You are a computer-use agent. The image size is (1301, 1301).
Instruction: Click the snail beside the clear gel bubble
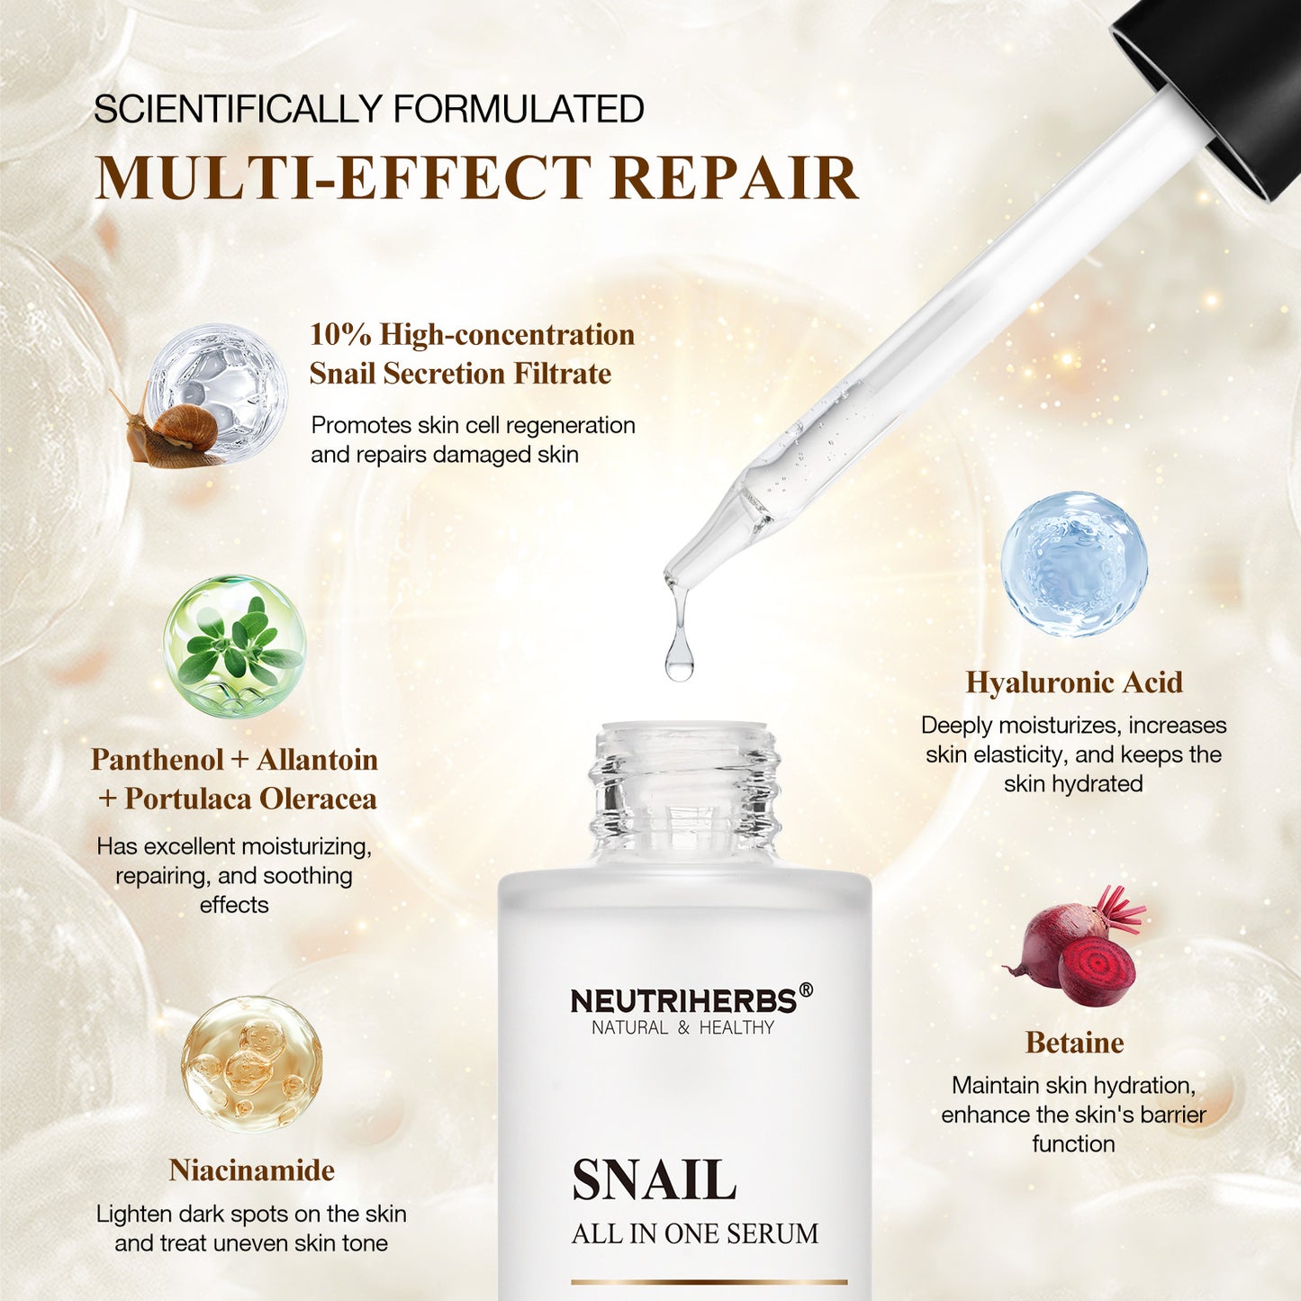click(176, 432)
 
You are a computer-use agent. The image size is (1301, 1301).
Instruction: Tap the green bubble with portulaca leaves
click(234, 646)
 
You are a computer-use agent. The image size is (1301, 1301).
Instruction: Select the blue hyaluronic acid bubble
click(1074, 565)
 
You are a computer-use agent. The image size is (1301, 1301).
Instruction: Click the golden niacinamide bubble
click(251, 1063)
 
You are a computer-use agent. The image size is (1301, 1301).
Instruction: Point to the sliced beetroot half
click(1097, 971)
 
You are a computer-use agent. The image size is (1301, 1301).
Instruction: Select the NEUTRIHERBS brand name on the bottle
click(683, 1001)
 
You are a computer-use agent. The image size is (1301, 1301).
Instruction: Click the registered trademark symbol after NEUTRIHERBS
click(806, 990)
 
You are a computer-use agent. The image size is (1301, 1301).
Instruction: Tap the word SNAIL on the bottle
click(655, 1180)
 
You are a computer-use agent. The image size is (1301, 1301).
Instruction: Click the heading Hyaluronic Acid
click(1074, 682)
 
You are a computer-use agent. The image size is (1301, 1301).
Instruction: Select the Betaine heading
click(1074, 1043)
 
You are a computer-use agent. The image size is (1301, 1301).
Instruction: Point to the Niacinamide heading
click(251, 1170)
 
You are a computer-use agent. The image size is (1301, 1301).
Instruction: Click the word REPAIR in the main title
click(734, 178)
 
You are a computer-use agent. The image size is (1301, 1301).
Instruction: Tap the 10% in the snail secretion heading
click(340, 335)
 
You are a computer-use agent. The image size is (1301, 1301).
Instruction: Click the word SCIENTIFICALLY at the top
click(239, 109)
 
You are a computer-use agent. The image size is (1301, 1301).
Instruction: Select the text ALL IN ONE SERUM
click(695, 1233)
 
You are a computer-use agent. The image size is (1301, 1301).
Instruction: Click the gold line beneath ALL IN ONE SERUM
click(709, 1281)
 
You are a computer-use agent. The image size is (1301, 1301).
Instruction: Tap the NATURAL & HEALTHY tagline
click(682, 1028)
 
